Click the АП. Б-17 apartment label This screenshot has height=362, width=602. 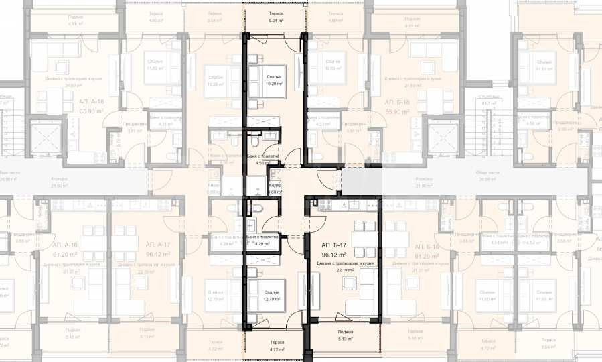click(x=333, y=245)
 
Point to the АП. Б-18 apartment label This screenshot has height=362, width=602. click(x=397, y=101)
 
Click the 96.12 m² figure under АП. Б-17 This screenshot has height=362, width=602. click(x=333, y=255)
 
